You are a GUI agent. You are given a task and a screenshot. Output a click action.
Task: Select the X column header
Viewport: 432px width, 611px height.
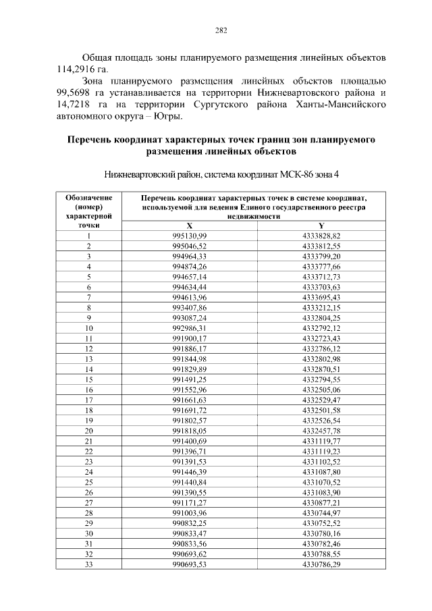[190, 226]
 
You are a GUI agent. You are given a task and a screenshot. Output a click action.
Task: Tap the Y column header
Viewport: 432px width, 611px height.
[321, 226]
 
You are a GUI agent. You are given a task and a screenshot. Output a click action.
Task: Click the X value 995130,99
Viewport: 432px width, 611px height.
[190, 236]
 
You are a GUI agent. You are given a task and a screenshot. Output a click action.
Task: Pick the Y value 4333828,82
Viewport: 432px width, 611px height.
[321, 236]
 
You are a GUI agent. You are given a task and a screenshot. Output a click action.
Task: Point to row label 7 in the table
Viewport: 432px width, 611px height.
[88, 297]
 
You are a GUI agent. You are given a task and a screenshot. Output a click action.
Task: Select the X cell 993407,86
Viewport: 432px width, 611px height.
[190, 308]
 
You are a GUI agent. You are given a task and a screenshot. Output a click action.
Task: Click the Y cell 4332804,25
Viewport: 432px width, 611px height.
[321, 318]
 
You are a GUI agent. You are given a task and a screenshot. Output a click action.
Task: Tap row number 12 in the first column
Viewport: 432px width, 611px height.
[88, 348]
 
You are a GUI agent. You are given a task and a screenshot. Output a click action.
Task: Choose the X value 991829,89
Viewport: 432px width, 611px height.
[190, 369]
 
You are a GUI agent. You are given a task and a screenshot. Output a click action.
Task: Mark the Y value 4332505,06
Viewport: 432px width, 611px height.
[321, 390]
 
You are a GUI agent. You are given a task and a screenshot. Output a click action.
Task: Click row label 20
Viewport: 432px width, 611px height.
[88, 431]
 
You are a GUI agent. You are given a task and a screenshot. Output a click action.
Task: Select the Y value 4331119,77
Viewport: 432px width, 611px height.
[321, 441]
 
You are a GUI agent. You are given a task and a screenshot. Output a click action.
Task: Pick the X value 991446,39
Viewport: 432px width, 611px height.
[190, 472]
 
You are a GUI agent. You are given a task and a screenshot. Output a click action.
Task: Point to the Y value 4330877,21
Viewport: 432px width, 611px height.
[321, 503]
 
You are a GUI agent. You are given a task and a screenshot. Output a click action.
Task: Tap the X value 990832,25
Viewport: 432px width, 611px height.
[190, 523]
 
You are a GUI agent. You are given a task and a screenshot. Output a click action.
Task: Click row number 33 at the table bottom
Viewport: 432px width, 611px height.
[88, 564]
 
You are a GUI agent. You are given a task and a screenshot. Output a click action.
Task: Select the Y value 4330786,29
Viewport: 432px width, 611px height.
[321, 564]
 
